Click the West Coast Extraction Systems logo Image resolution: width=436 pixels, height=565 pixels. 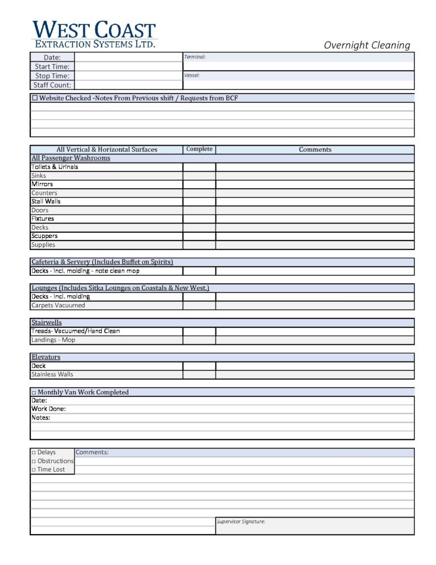pos(94,34)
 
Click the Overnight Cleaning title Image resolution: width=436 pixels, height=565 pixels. pos(367,45)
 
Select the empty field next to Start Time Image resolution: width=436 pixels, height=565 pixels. pos(128,67)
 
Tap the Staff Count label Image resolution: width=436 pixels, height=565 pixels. pos(52,85)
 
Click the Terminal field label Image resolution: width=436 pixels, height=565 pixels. pos(195,57)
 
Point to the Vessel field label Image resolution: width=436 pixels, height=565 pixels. pos(192,75)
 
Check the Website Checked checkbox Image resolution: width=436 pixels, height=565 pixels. pos(35,98)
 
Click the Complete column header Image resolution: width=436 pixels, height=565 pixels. pos(199,149)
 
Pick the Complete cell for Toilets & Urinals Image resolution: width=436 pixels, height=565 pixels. pos(199,167)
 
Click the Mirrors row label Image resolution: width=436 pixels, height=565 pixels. pos(42,184)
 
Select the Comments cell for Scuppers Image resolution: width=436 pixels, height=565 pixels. pos(314,236)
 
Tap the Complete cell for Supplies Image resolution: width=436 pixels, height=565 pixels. pos(199,245)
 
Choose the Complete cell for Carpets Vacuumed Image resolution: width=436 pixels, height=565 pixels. pos(199,305)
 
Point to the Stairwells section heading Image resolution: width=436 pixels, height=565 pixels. pos(46,322)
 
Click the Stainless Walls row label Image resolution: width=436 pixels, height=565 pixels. pos(52,374)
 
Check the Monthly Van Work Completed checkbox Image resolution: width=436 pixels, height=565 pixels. pos(34,392)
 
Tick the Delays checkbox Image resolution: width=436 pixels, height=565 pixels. pos(34,452)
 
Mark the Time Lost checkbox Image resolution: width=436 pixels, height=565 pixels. pos(34,470)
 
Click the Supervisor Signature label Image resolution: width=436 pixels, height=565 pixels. pos(241,521)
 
